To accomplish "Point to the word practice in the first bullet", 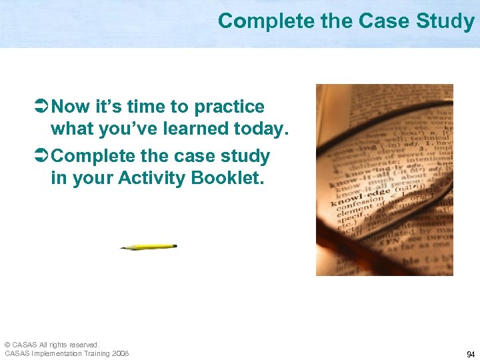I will coord(229,107).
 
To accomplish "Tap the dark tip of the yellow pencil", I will coord(123,248).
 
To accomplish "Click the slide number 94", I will coord(470,354).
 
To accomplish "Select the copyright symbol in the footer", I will coord(7,345).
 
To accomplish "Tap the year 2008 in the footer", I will coord(121,353).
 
